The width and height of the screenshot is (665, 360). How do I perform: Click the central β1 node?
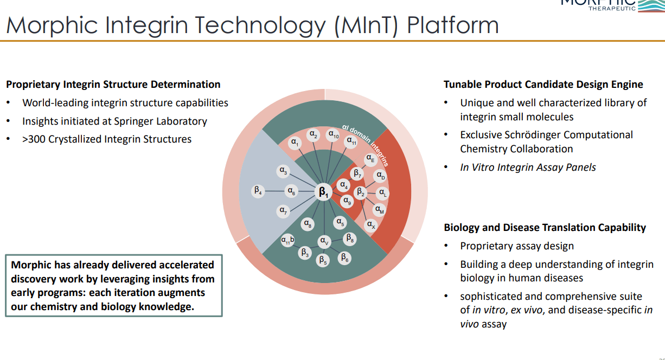[x=324, y=192]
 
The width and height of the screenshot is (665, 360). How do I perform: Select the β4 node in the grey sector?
[x=258, y=191]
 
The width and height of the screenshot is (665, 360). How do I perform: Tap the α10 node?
[x=334, y=135]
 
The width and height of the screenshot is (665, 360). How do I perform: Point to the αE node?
[x=370, y=159]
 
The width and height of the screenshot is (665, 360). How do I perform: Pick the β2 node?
[x=360, y=192]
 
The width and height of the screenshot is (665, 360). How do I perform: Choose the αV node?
[x=324, y=241]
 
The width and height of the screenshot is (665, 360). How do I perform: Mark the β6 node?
[x=344, y=258]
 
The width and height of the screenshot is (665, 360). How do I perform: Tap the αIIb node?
[x=287, y=240]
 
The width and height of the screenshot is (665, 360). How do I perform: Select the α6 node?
[x=291, y=191]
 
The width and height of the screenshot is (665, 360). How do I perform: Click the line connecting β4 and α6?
[x=274, y=191]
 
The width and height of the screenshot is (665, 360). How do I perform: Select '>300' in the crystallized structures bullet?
[x=34, y=139]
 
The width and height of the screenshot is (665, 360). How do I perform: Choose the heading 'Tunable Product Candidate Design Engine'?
[x=543, y=84]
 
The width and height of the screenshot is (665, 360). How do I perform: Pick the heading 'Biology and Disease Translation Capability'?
[x=545, y=227]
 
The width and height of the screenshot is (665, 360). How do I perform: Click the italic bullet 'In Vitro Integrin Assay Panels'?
[x=528, y=167]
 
